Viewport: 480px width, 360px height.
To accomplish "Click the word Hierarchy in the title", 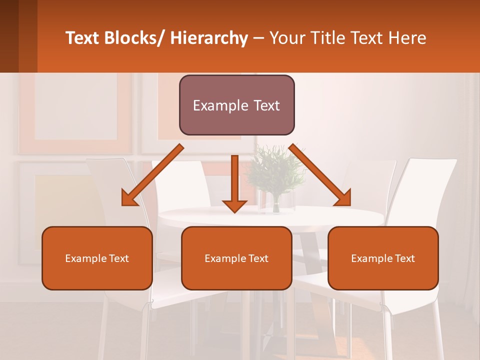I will (209, 38).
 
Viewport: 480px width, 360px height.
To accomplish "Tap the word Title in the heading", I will (324, 38).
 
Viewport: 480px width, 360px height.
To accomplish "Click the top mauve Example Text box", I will (236, 105).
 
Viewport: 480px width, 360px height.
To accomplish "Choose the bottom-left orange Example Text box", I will (97, 258).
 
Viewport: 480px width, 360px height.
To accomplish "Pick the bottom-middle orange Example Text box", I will (236, 258).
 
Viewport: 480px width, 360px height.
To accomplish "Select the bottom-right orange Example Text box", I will (383, 258).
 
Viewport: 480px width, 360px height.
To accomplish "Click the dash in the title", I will (258, 38).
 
